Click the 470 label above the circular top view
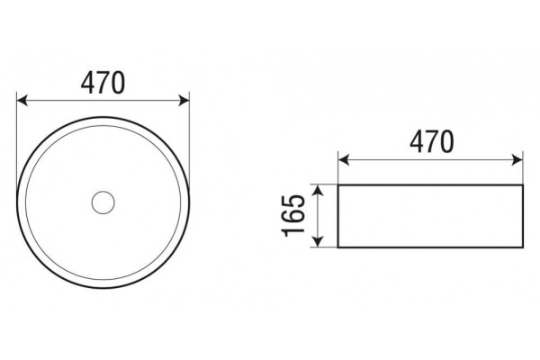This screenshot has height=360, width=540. tap(103, 83)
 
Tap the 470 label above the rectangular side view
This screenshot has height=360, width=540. tap(432, 141)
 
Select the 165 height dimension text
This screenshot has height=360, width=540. tap(293, 216)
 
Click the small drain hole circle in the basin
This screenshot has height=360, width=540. tap(103, 202)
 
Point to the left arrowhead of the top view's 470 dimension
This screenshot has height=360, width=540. tap(22, 101)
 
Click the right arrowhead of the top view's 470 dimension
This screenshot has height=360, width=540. tap(184, 101)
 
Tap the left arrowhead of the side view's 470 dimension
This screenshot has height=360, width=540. tap(344, 160)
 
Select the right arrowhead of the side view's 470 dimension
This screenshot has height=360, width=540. tap(518, 160)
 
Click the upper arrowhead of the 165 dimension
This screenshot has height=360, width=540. tap(319, 190)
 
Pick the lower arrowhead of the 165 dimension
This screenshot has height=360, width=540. tap(319, 241)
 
